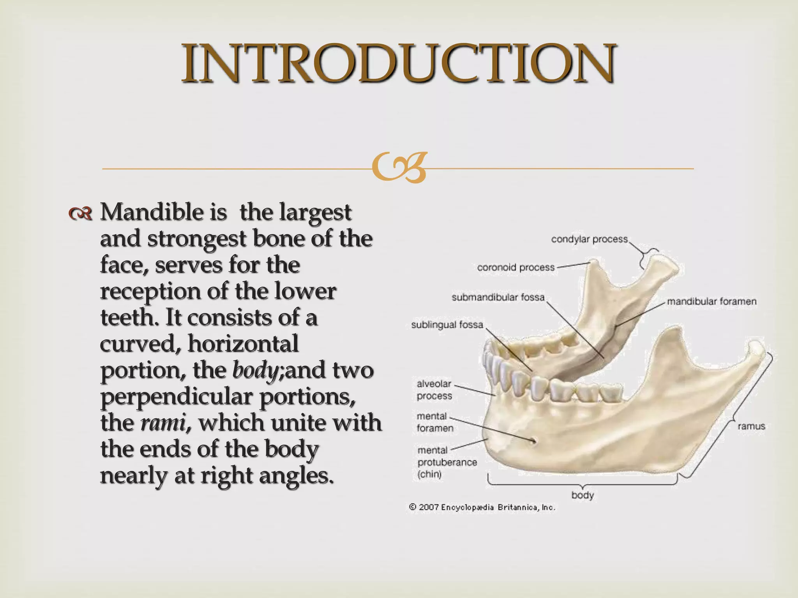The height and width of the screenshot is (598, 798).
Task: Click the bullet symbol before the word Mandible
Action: point(80,213)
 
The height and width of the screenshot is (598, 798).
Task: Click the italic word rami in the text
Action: point(162,423)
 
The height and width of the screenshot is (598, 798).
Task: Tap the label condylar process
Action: point(589,239)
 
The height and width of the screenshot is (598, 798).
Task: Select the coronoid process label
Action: point(516,267)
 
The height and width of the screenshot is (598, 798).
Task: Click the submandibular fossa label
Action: point(498,297)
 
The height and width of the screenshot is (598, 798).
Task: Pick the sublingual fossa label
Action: point(447,325)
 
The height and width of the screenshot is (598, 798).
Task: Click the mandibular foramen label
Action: point(711,301)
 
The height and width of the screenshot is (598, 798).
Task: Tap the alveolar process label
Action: point(434,390)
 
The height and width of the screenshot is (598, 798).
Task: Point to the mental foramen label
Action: point(434,422)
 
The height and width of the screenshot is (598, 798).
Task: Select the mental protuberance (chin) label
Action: point(447,462)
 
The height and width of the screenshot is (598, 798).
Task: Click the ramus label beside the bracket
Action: point(751,426)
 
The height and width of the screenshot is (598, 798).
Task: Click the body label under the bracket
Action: point(582,495)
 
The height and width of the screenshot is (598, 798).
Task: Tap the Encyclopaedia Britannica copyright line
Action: point(482,507)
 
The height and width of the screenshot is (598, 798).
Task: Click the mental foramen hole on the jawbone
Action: point(533,440)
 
